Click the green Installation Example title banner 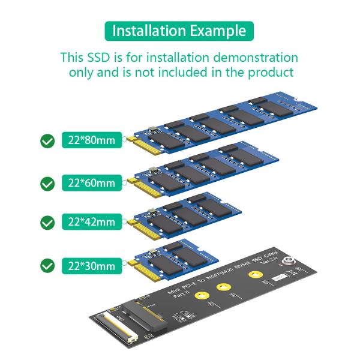click(179, 31)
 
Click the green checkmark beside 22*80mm click(47, 142)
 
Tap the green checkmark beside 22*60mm click(47, 183)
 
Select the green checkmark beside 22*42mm click(47, 223)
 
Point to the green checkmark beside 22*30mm click(47, 265)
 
